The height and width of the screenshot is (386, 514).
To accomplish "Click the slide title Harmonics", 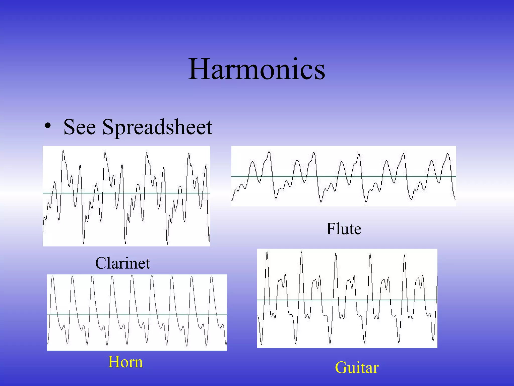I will click(x=256, y=69).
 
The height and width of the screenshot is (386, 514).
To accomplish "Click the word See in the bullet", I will click(x=80, y=127).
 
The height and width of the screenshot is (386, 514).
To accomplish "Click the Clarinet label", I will click(x=122, y=263).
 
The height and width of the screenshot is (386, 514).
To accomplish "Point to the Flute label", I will click(x=344, y=229).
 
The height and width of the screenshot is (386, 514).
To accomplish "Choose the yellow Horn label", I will click(x=125, y=362).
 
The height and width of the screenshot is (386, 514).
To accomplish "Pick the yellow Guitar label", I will click(x=357, y=367).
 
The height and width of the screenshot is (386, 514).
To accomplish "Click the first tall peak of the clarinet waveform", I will click(x=63, y=151).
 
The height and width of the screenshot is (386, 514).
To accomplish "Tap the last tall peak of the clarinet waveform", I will click(x=188, y=154).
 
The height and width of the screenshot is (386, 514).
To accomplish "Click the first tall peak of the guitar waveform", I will click(x=267, y=252).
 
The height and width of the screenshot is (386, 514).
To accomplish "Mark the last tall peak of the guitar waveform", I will click(x=405, y=255).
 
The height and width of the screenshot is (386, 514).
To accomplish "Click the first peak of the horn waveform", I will click(x=52, y=276).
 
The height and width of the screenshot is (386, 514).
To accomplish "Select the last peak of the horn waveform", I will click(x=212, y=276).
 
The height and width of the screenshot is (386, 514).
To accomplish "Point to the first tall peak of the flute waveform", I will click(x=269, y=151).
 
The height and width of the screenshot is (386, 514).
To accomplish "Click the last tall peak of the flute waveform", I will click(x=448, y=154).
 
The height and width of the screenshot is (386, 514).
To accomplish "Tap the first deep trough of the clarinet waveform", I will click(x=84, y=243).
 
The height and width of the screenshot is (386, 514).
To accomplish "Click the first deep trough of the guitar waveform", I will click(x=261, y=344).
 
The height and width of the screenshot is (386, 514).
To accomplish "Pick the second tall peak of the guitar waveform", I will click(x=301, y=252).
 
